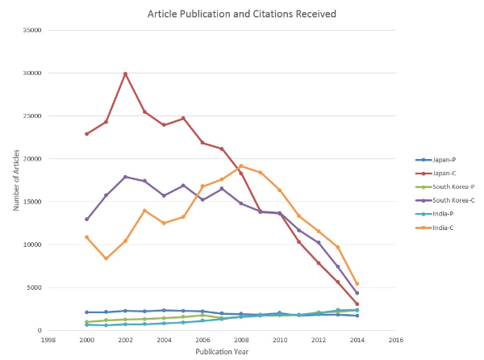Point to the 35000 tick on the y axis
[33, 30]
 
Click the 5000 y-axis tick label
[35, 287]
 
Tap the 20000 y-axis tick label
[33, 159]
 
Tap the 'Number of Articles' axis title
[15, 180]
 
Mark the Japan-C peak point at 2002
[125, 73]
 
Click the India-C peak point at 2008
[241, 165]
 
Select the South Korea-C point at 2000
[86, 219]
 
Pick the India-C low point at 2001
[106, 258]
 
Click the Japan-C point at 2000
[86, 134]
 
